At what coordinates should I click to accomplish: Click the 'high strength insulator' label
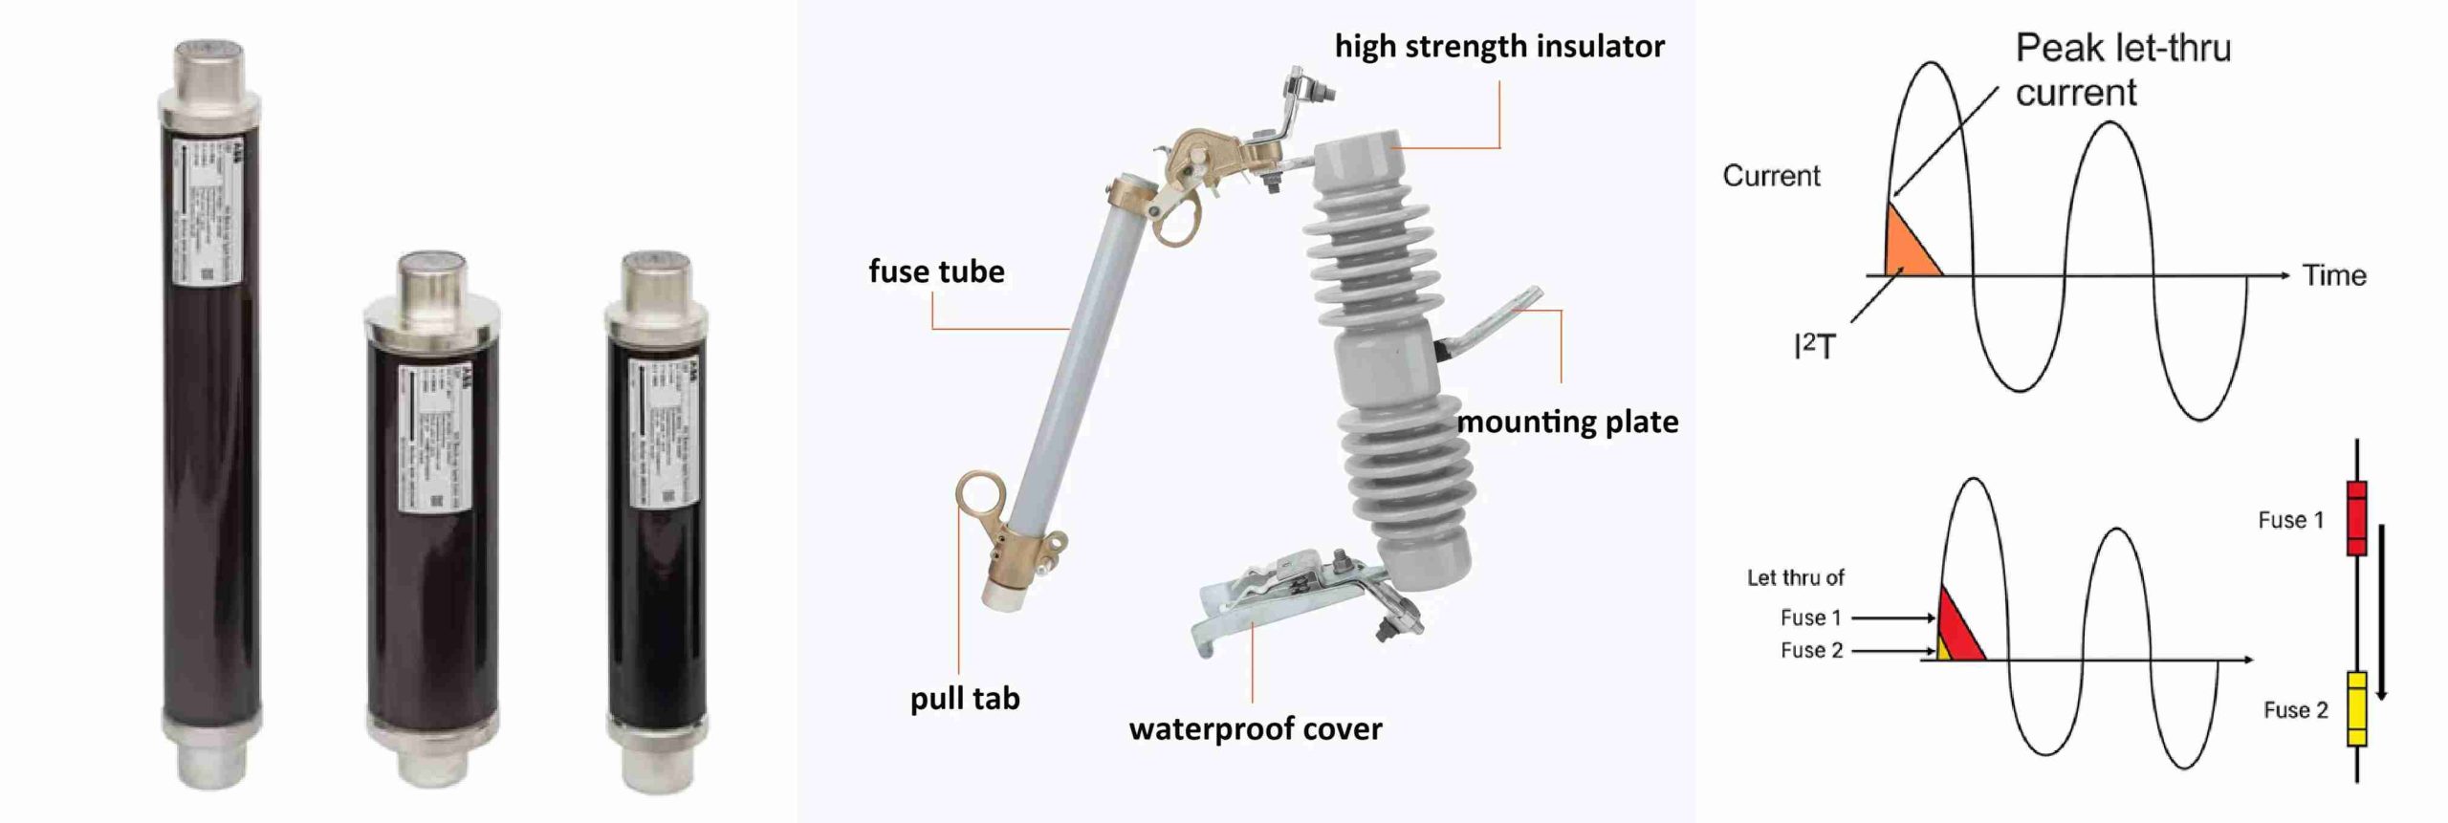coord(1498,46)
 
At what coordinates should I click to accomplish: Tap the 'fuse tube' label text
coord(936,271)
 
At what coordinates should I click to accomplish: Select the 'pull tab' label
coord(964,699)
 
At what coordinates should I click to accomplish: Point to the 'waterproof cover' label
coord(1255,729)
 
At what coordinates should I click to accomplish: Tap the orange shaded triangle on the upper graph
coord(1908,251)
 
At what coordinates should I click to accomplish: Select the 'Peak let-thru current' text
coord(2122,70)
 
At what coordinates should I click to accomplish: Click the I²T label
coord(1814,346)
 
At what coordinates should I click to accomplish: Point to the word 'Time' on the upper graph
coord(2333,275)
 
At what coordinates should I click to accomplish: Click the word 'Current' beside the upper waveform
coord(1771,176)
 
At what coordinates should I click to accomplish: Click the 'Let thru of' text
coord(1795,577)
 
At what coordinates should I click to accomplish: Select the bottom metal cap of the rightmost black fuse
coord(655,760)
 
